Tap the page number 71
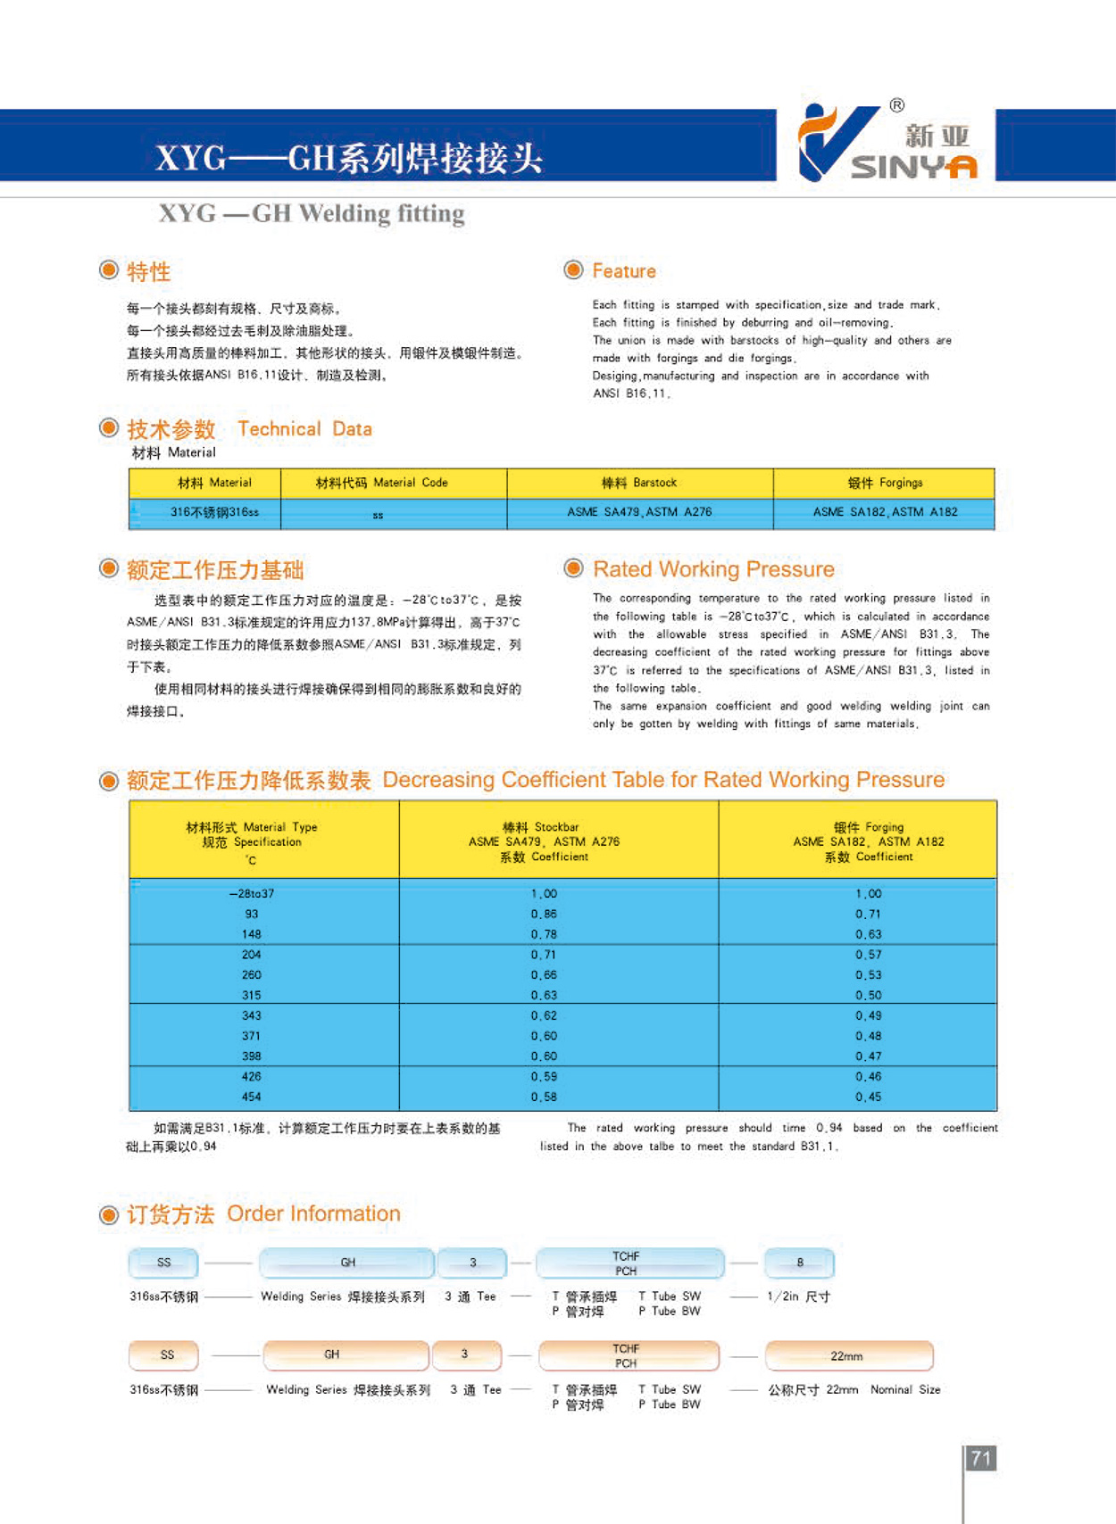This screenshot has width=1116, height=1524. tap(981, 1458)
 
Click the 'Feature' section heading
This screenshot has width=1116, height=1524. tap(623, 271)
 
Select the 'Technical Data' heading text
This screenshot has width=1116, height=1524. tap(304, 429)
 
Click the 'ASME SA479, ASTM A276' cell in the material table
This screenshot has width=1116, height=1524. tap(639, 512)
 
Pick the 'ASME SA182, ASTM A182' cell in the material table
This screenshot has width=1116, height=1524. tap(885, 512)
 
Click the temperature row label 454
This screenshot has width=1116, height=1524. tap(251, 1097)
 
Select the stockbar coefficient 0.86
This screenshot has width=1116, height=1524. tap(544, 914)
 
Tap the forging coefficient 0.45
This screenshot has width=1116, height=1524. tap(868, 1097)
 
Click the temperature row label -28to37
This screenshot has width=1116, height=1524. tap(251, 893)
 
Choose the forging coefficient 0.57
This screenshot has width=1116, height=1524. tap(868, 955)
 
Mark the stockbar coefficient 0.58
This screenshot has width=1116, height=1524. tap(544, 1097)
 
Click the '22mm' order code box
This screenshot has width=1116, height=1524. tap(847, 1356)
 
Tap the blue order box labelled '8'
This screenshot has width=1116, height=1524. tap(800, 1263)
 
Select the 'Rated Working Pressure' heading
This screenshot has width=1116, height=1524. tap(713, 569)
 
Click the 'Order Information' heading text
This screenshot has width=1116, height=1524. tap(313, 1213)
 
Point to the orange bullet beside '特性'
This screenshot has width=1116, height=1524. tap(109, 269)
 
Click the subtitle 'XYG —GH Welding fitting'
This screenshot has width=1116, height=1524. tap(312, 214)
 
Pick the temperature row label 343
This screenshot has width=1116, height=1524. tap(251, 1015)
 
